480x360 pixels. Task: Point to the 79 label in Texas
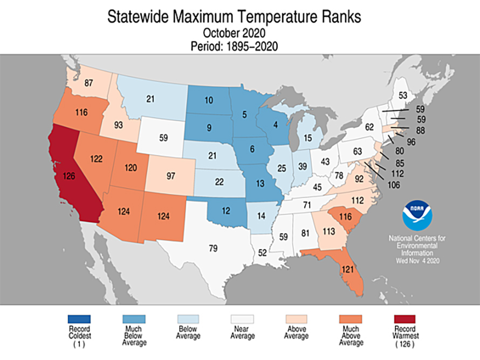point(214,248)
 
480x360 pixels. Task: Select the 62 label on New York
point(369,128)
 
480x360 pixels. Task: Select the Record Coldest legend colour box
point(79,318)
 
